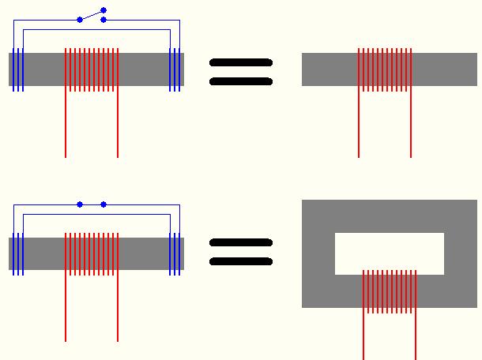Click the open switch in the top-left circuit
(92, 15)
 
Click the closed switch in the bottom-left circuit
(92, 204)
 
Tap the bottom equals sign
(241, 252)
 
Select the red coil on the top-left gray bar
(92, 69)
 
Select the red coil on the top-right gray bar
(385, 69)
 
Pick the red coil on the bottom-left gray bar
(92, 253)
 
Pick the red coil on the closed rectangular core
(390, 291)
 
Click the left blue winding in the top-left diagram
(18, 69)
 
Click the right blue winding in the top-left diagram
(175, 69)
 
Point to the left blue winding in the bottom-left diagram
(18, 253)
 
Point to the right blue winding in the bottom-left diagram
(175, 253)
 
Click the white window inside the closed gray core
(390, 253)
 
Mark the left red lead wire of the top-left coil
(66, 126)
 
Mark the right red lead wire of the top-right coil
(411, 126)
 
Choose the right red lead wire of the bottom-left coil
(118, 312)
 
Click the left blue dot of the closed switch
(80, 204)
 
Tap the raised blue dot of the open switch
(104, 10)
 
